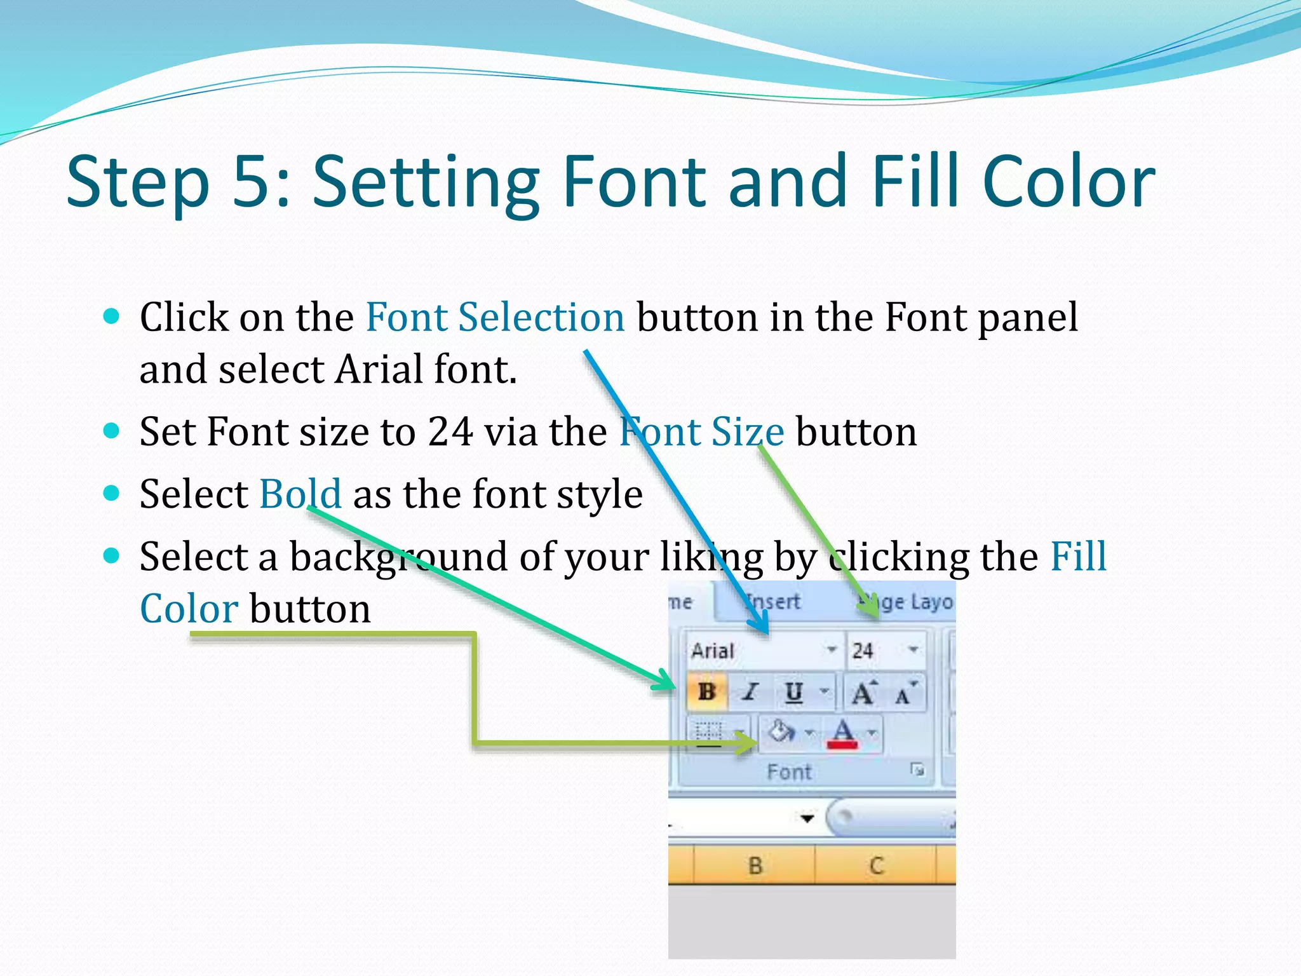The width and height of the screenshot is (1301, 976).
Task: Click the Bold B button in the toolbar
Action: point(706,691)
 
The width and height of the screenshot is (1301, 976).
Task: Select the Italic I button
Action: point(751,691)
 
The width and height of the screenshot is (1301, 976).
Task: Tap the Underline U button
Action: point(793,691)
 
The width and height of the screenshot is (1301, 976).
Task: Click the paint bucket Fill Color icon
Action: point(781,732)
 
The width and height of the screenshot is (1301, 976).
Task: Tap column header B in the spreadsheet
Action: point(755,865)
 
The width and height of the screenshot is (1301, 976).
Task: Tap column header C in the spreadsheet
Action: point(876,865)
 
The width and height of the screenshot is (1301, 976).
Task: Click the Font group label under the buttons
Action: point(789,772)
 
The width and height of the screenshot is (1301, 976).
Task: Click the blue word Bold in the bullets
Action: point(300,494)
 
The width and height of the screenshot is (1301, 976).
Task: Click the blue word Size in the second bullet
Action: point(747,432)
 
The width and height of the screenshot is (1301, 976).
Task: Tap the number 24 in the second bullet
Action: point(450,432)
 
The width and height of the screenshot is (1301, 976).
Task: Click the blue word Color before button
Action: point(189,609)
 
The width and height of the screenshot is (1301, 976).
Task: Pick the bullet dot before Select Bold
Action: point(111,493)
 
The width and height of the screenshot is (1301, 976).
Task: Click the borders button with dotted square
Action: point(710,733)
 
